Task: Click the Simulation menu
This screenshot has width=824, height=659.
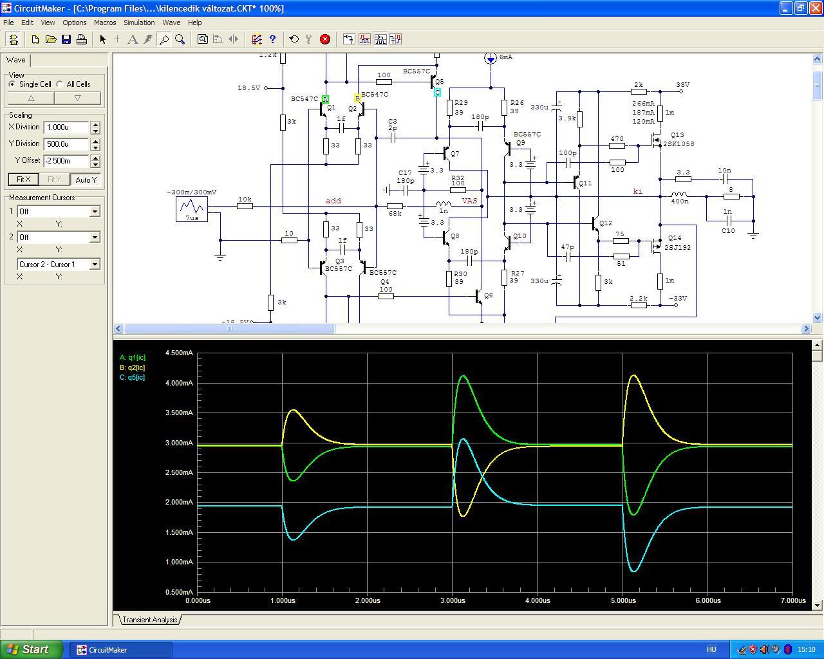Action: tap(139, 23)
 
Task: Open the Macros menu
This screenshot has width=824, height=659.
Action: tap(105, 23)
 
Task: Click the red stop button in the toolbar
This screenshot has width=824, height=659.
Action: tap(324, 39)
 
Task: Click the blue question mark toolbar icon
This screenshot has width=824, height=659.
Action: tap(272, 39)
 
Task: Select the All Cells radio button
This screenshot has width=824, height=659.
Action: tap(60, 84)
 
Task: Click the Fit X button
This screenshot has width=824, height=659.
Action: tap(23, 180)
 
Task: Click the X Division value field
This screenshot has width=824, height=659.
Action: tap(66, 127)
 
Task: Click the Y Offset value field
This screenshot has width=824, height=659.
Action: tap(66, 161)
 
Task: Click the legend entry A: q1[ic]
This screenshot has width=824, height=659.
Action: tap(133, 357)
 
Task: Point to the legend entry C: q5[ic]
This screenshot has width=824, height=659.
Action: tap(133, 377)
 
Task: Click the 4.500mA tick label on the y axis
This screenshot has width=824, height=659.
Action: tap(179, 353)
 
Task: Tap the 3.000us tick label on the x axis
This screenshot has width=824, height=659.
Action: tap(453, 600)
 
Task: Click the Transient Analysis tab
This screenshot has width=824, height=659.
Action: tap(150, 620)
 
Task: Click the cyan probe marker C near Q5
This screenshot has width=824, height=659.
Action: tap(437, 92)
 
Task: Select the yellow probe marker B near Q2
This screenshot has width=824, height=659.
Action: tap(357, 98)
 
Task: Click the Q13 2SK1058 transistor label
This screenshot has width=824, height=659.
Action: tap(678, 140)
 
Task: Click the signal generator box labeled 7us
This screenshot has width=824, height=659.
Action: tap(192, 209)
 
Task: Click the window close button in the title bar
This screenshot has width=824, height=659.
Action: tap(816, 8)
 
